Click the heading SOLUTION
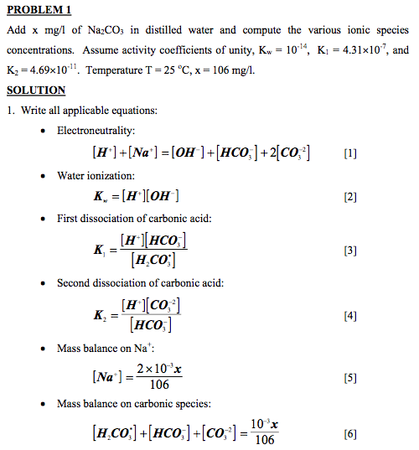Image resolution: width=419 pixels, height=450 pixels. tap(35, 91)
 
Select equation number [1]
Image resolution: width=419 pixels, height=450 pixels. tap(350, 153)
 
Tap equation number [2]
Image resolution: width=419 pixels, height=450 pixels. tap(350, 197)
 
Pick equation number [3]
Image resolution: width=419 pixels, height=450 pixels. tap(350, 251)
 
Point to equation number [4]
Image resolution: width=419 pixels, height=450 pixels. tap(350, 316)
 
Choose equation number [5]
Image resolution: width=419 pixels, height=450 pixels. tap(350, 378)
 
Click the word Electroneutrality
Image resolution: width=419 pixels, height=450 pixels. tap(96, 131)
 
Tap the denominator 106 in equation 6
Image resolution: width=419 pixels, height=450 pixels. tap(262, 442)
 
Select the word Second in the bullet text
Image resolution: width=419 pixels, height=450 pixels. tap(75, 283)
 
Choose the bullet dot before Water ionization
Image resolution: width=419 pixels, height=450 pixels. tap(43, 176)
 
